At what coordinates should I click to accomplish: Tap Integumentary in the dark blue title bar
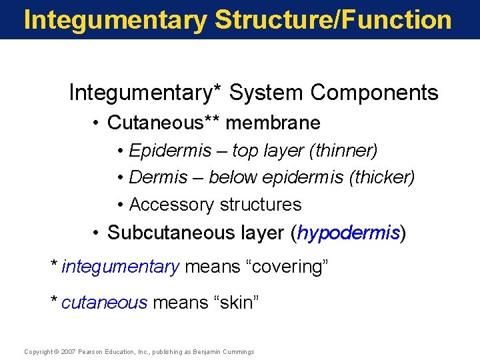click(115, 20)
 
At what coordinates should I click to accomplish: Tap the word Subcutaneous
click(173, 233)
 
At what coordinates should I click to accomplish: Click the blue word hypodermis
click(349, 233)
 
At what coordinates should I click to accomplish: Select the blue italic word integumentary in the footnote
click(120, 267)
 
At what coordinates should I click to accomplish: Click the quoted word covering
click(288, 267)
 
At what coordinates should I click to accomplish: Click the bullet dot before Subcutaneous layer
click(97, 233)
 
